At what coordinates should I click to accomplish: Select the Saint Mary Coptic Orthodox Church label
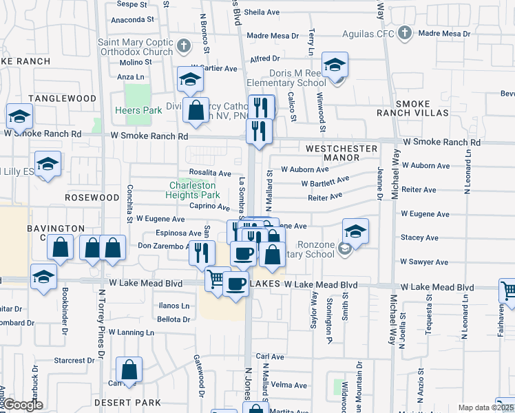point(136,47)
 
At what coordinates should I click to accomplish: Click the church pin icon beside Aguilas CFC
point(405,33)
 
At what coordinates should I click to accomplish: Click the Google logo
point(23,405)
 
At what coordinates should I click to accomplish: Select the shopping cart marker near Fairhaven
point(507,291)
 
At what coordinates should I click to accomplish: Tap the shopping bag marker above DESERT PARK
point(129,370)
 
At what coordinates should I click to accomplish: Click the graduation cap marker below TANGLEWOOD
point(19,116)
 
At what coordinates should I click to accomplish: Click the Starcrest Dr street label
point(74,361)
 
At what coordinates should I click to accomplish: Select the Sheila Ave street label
point(262,12)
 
